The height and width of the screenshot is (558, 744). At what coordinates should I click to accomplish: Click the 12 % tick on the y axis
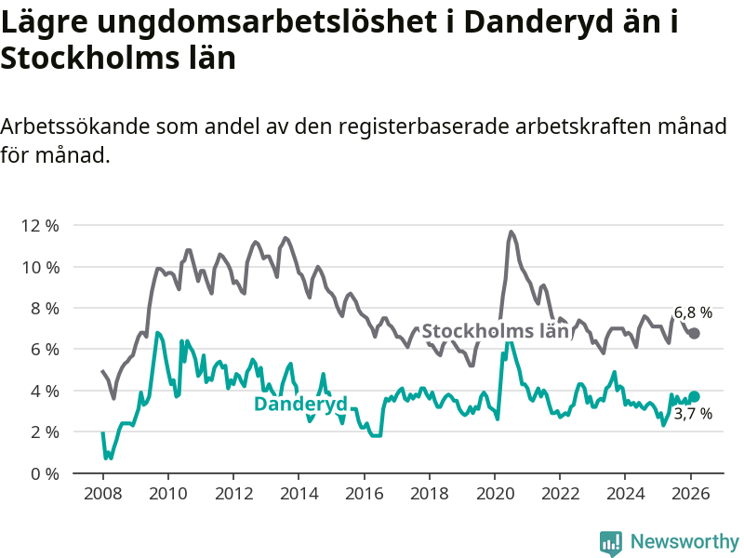click(42, 226)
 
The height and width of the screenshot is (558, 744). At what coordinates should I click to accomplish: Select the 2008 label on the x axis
click(102, 493)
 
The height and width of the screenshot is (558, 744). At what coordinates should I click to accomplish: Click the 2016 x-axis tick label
click(364, 493)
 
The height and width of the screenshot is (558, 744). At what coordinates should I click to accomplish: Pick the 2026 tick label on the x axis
click(691, 493)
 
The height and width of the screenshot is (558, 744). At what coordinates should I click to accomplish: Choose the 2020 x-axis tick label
click(495, 493)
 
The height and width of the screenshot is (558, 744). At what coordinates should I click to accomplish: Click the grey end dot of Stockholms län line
click(694, 333)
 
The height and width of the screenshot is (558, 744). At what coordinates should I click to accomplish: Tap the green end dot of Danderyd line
click(694, 397)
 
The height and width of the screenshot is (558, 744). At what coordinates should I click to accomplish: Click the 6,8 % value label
click(693, 312)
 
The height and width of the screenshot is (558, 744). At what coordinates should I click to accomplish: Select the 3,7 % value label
click(693, 414)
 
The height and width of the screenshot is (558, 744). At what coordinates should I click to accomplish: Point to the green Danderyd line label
click(300, 404)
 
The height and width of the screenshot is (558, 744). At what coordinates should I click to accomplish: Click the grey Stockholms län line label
click(495, 331)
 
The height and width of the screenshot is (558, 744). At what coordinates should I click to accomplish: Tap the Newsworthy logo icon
click(611, 542)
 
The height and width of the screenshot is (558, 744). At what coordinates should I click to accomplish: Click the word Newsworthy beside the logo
click(684, 542)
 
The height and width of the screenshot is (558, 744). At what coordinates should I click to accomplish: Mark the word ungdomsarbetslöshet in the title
click(252, 23)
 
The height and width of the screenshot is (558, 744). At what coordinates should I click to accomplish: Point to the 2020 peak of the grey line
click(511, 232)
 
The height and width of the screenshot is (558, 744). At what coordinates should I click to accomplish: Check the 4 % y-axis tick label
click(46, 391)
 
